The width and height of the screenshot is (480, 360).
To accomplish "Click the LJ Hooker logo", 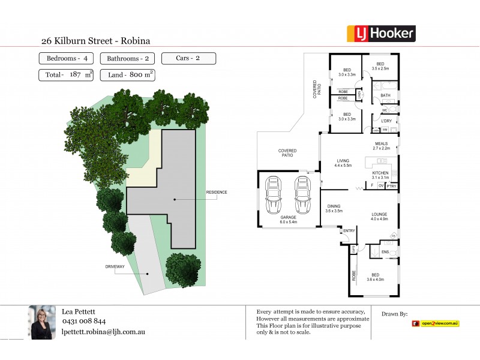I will click(x=381, y=34).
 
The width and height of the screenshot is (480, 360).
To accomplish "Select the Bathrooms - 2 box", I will click(x=128, y=59).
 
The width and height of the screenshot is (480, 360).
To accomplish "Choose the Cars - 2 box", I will click(x=188, y=58).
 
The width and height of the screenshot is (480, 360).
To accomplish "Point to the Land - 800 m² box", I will click(x=128, y=75).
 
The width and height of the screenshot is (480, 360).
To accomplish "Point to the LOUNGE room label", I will click(x=379, y=214).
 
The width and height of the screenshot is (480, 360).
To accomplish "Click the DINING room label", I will click(x=334, y=206).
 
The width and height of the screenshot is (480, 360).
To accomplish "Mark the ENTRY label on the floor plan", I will click(x=349, y=230).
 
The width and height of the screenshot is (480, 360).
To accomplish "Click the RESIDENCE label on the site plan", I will click(x=217, y=192).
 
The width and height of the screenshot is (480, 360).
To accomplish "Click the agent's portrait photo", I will click(x=42, y=323).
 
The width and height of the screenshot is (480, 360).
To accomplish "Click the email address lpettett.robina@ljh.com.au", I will click(x=103, y=332).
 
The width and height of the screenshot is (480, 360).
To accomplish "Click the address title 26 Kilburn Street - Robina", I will click(x=95, y=41).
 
